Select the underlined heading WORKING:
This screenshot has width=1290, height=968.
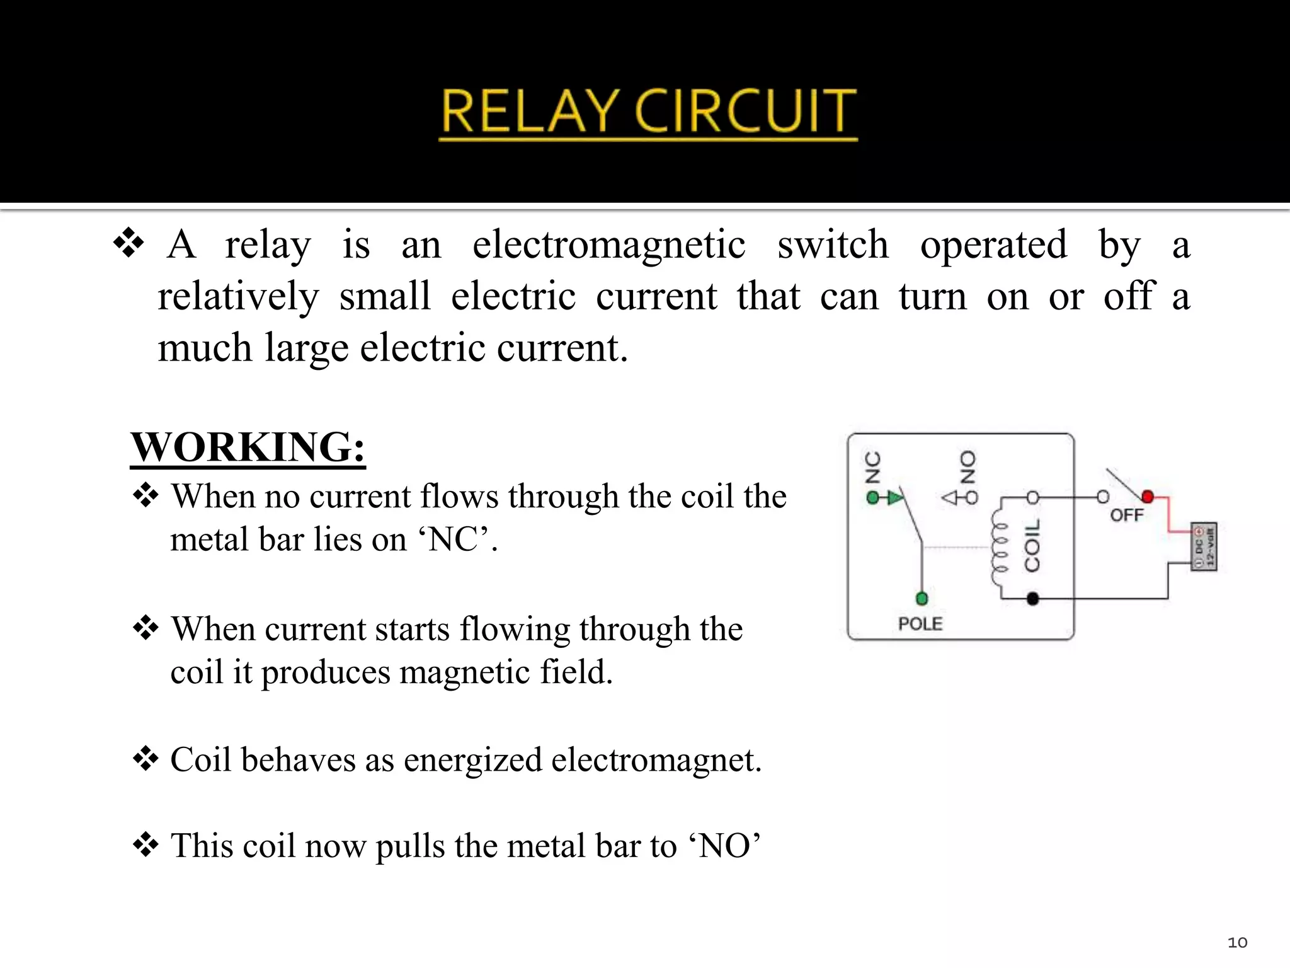[248, 447]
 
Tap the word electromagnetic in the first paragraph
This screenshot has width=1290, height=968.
[608, 245]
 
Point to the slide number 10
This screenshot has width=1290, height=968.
[1237, 942]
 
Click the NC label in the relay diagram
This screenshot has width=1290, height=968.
[873, 468]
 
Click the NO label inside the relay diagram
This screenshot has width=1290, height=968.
[967, 467]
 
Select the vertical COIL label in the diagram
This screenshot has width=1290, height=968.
[1032, 546]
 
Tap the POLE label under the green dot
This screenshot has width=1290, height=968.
[920, 624]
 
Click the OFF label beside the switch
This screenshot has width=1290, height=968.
[1127, 516]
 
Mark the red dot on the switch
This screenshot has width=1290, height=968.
[1148, 497]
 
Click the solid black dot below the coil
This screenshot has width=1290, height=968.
[1032, 599]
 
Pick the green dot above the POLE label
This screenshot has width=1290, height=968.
[922, 598]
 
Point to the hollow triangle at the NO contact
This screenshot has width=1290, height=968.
[950, 498]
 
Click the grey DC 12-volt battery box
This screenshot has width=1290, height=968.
[1204, 546]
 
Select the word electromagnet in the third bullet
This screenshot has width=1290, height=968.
[656, 759]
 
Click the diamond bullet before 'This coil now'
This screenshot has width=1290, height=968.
[146, 845]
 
